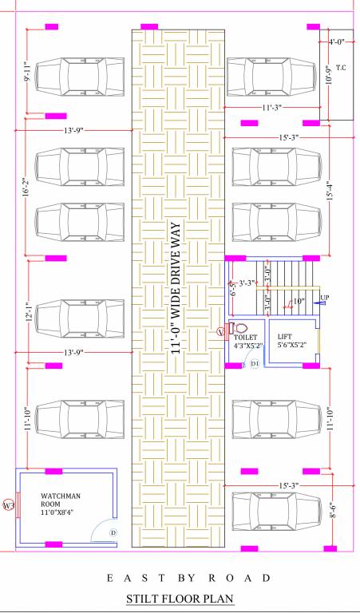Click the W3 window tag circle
tap(9, 506)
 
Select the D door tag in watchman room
tap(113, 532)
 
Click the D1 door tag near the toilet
tap(255, 363)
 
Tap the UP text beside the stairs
tap(325, 298)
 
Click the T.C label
tap(341, 67)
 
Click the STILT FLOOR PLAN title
tap(179, 598)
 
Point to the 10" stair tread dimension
tap(297, 301)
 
